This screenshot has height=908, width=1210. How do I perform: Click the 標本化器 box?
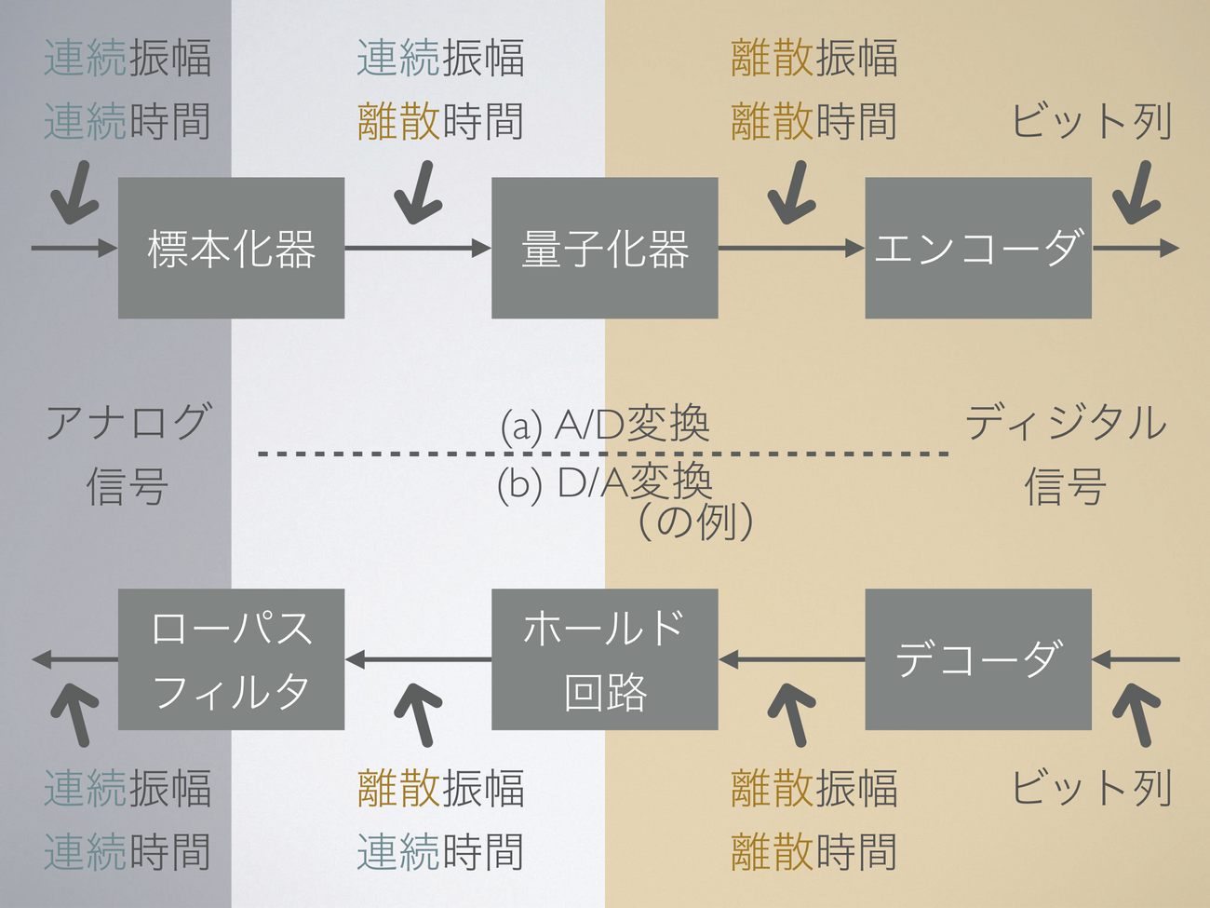231,248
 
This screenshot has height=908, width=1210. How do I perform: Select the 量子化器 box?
604,248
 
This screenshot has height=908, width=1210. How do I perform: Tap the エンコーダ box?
977,248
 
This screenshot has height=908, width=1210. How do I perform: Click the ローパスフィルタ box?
231,659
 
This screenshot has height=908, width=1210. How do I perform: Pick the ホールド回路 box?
604,659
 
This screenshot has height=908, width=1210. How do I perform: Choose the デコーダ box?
977,659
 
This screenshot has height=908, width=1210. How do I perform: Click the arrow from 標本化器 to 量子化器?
417,248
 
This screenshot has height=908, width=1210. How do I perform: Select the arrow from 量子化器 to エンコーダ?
791,248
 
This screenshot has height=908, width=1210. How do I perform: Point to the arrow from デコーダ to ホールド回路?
791,659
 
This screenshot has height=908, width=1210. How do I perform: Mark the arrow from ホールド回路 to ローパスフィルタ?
417,659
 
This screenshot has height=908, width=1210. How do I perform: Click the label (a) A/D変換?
605,425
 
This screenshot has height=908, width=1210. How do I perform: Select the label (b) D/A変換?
605,482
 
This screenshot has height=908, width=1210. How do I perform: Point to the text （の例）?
695,522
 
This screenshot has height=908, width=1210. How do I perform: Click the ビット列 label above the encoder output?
1091,122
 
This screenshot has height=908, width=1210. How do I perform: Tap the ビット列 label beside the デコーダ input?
1091,788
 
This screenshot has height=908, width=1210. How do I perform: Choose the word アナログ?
128,423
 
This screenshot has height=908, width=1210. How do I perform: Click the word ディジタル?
1066,423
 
